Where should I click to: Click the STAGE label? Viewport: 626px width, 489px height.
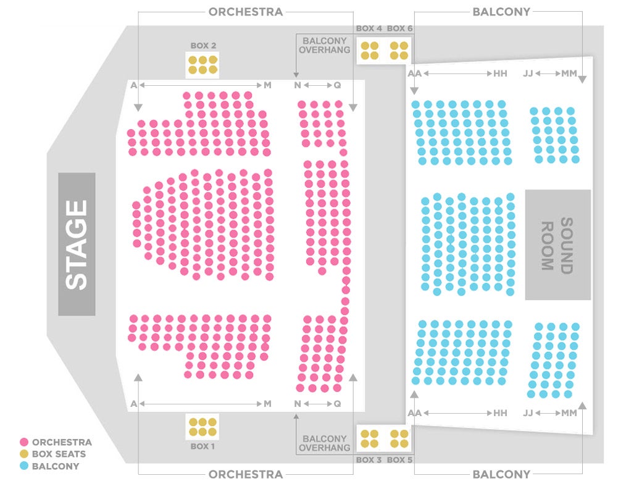77,244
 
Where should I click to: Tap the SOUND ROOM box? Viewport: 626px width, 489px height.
557,244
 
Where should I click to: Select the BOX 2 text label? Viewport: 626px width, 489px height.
203,46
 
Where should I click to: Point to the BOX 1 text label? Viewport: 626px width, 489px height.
202,446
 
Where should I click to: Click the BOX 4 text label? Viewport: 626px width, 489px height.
369,28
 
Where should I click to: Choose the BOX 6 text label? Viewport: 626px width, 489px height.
399,28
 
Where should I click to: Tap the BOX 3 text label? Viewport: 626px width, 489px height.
369,460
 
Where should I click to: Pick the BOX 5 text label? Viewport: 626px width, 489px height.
399,460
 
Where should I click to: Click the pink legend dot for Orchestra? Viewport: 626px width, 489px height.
24,442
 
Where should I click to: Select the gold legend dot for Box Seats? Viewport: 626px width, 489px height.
24,454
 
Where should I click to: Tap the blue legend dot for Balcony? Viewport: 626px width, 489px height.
24,466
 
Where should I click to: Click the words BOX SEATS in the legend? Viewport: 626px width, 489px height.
59,454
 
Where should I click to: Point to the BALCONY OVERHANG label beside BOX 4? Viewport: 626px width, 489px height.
325,45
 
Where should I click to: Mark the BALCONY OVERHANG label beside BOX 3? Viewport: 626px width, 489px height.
325,443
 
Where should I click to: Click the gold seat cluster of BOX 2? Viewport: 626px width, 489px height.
203,65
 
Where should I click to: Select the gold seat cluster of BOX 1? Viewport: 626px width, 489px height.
202,427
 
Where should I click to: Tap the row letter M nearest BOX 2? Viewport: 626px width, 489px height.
267,85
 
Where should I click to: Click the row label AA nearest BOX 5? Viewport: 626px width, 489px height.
414,413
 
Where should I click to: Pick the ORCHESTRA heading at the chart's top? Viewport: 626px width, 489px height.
246,12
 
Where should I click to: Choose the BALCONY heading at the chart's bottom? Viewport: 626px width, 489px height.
501,474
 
